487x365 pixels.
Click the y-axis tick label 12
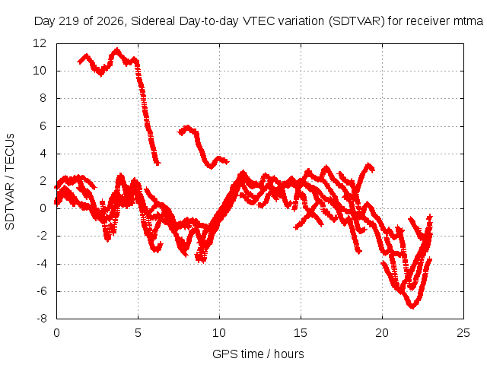40,43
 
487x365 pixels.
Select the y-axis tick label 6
43,126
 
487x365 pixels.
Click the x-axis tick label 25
463,333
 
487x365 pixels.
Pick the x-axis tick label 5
138,333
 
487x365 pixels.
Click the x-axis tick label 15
301,333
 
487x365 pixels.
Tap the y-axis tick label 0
43,208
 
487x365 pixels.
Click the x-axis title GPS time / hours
258,354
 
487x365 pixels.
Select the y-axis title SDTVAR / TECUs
10,182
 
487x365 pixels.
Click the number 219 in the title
69,21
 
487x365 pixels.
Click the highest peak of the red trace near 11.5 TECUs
116,49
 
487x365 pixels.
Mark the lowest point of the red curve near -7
412,306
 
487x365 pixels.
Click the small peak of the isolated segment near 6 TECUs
187,127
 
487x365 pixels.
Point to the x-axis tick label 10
219,333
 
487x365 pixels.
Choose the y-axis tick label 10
40,71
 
